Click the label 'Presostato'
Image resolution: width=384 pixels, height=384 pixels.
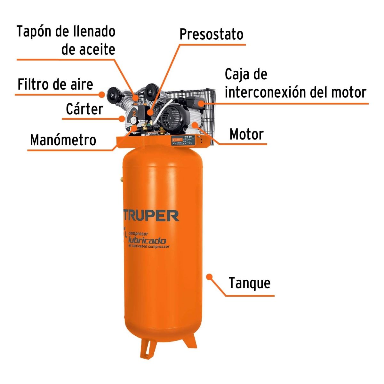tap(211, 35)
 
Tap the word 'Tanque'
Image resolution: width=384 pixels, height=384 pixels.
tap(250, 283)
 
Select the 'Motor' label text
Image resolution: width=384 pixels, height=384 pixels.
tap(246, 134)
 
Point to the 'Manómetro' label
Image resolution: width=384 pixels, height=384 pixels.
tap(63, 140)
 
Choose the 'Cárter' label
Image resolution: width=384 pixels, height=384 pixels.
tap(84, 109)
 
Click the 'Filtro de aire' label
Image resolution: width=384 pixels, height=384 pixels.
tap(55, 84)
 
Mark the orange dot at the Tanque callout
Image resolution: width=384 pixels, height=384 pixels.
tap(210, 276)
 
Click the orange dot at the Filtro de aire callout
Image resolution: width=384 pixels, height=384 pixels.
tap(102, 94)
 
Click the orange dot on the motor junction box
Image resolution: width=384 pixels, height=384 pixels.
tap(201, 103)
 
